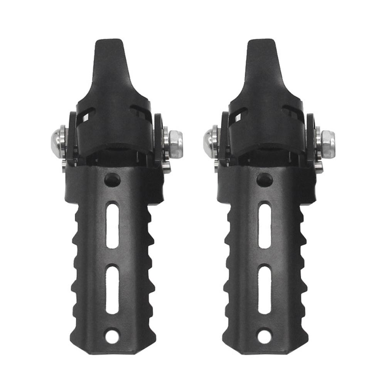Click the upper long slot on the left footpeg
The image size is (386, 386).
[112, 226]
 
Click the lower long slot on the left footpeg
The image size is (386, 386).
[112, 289]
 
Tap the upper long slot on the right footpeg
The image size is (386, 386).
[265, 226]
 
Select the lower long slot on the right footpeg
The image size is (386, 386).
[265, 289]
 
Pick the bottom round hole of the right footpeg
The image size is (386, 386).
[265, 336]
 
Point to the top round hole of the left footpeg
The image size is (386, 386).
[112, 179]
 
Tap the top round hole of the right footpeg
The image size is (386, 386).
[265, 179]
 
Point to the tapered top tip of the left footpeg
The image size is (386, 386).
[109, 48]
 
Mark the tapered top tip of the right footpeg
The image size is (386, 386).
[261, 48]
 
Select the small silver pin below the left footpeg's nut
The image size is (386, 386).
[166, 167]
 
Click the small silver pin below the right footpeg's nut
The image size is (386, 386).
[319, 167]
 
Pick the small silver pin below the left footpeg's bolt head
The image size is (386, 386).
[64, 166]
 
